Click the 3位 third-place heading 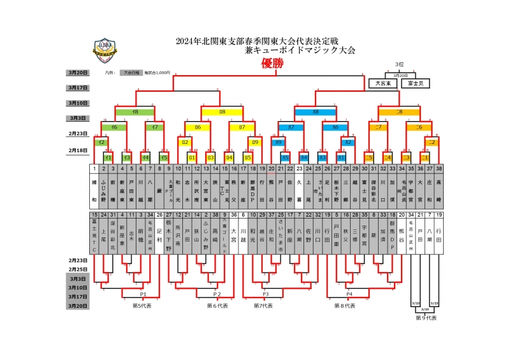(400, 65)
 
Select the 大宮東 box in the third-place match (384, 83)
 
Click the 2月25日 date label (78, 270)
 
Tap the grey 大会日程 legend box (132, 73)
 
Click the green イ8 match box (135, 112)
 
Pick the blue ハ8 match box (316, 112)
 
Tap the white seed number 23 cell (299, 169)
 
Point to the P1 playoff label (143, 294)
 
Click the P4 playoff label (349, 294)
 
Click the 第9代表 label (426, 317)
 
